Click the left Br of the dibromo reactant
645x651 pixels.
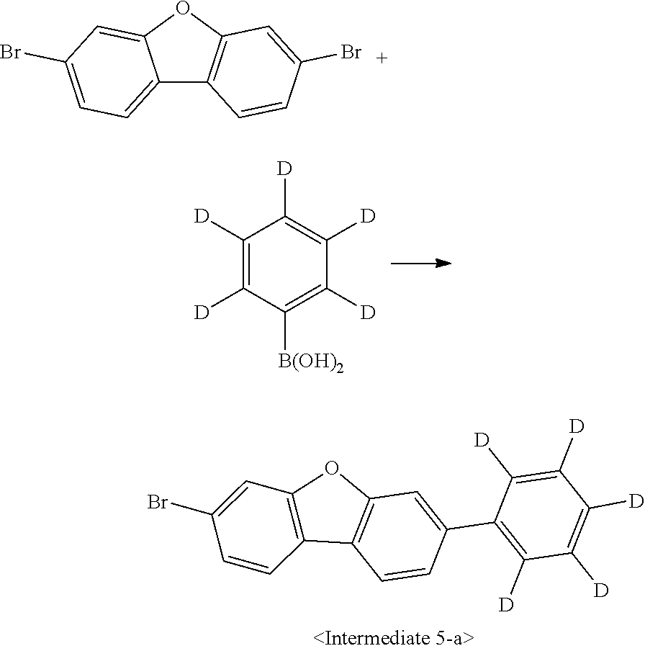coord(11,53)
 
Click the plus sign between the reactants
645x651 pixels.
coord(382,58)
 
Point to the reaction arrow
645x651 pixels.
coord(420,264)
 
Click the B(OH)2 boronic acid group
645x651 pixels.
coord(310,362)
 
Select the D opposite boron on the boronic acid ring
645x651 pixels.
coord(285,171)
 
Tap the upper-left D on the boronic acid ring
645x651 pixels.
coord(202,216)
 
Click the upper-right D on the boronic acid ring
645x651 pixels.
coord(367,216)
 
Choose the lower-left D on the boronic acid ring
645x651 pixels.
coord(202,313)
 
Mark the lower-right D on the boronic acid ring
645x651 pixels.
coord(367,313)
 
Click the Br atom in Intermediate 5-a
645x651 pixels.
coord(158,502)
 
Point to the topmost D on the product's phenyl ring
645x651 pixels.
coord(576,426)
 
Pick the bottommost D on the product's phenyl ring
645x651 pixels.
coord(507,604)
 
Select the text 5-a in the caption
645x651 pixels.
coord(455,637)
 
